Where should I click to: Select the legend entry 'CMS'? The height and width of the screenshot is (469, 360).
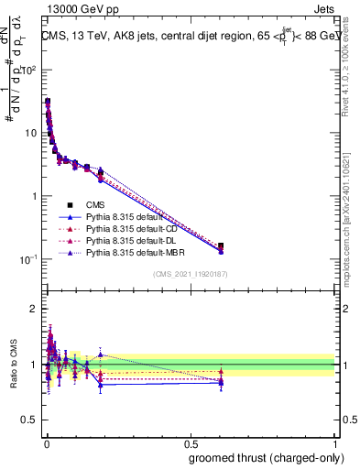coord(95,204)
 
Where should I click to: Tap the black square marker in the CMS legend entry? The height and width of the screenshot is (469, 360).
coord(70,204)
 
